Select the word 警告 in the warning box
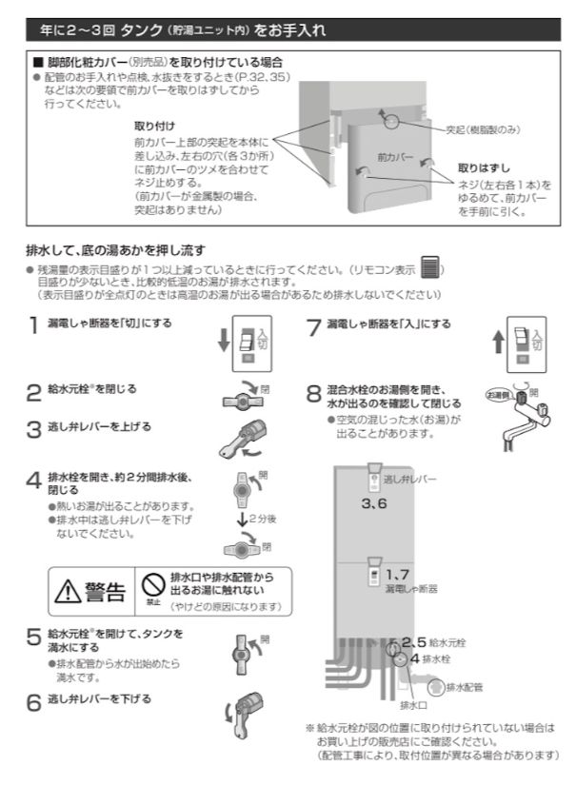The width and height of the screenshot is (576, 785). (105, 594)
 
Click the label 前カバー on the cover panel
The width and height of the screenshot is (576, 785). (394, 153)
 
